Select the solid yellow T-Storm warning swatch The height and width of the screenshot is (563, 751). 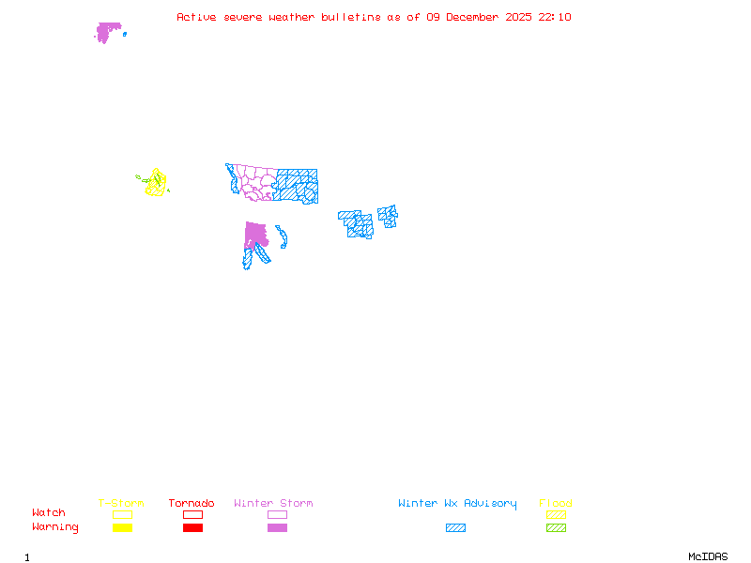[x=122, y=527]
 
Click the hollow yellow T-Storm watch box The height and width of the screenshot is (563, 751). [x=122, y=514]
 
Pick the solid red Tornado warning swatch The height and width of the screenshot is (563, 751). [x=192, y=527]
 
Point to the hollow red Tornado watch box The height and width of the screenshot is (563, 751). [x=192, y=514]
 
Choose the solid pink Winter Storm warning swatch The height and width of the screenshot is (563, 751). [x=277, y=527]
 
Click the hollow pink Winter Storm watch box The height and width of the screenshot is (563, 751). [x=277, y=514]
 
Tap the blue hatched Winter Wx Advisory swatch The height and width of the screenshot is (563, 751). [x=455, y=527]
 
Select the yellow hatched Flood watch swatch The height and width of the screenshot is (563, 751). [x=556, y=514]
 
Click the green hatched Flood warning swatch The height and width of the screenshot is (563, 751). [x=556, y=527]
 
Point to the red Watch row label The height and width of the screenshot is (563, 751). [x=49, y=513]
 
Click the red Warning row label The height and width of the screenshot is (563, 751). [x=54, y=527]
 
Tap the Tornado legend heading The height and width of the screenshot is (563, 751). [x=192, y=504]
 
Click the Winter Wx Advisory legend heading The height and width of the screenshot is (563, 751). [x=457, y=504]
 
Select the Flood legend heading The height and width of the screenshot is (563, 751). [x=556, y=504]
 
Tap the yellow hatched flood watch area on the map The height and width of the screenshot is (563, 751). [x=156, y=183]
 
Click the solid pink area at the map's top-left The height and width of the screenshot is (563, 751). [x=108, y=31]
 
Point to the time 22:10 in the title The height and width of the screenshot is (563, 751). [x=557, y=17]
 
